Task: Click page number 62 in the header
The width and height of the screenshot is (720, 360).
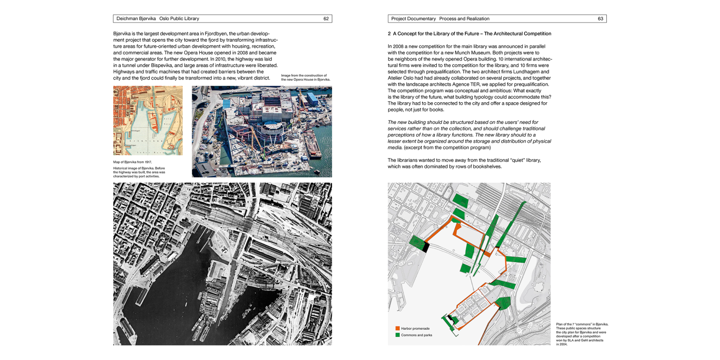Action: (326, 19)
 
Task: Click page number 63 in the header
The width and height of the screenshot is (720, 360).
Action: (600, 19)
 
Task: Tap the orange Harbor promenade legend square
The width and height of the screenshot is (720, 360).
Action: (397, 328)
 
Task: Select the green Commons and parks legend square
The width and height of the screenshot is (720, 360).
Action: (397, 335)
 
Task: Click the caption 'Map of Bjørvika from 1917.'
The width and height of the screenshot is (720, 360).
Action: (132, 162)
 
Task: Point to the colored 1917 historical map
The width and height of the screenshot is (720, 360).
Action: (148, 120)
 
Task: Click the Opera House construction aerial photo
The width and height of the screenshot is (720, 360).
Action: (262, 132)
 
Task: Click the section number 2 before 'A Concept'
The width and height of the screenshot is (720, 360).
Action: (389, 34)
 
